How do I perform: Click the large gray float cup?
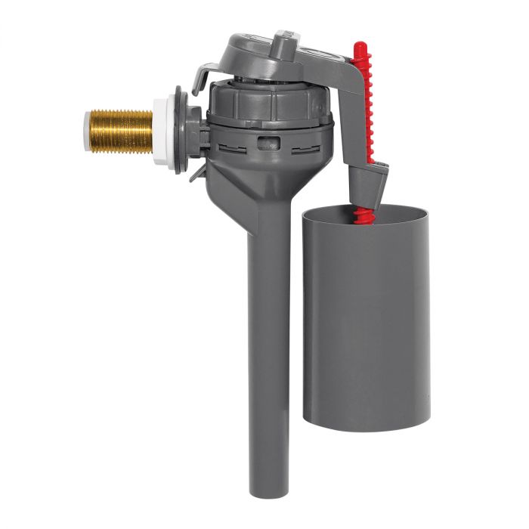[x=366, y=325]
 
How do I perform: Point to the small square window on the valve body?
[x=264, y=141]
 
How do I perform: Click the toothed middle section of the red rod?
[x=365, y=106]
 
